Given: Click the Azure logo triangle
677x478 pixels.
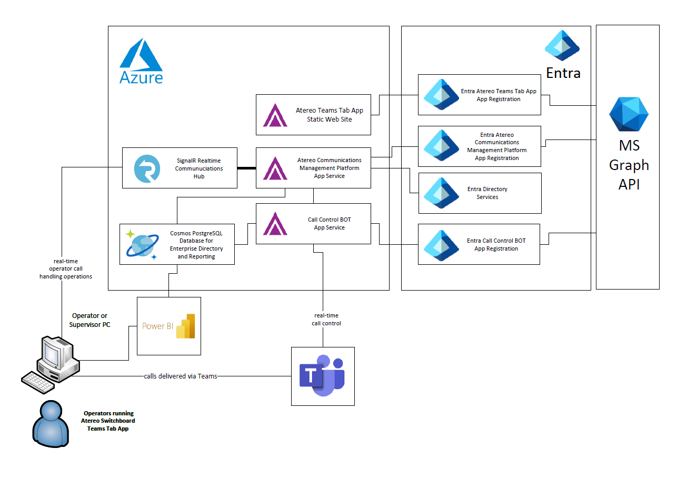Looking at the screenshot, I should click(141, 55).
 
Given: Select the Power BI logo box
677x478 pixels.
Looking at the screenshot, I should click(168, 326).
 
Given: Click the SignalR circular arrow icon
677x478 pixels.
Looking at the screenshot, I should click(147, 168).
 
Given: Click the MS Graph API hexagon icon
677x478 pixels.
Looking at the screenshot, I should click(629, 114).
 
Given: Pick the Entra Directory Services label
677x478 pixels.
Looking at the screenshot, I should click(487, 193).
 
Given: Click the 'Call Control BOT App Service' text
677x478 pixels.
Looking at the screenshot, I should click(329, 224).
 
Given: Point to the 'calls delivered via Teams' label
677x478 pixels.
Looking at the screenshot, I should click(181, 376).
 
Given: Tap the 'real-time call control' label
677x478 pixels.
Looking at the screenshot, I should click(326, 320).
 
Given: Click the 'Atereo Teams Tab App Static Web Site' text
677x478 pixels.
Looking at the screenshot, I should click(329, 115).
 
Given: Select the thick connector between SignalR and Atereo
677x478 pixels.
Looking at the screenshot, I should click(246, 168).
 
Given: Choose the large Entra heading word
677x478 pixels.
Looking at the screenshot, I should click(563, 73).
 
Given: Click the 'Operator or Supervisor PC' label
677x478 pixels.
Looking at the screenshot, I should click(89, 320).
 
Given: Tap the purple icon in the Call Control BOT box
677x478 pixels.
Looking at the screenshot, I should click(275, 223).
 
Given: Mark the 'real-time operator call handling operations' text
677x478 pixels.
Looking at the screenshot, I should click(66, 268).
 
